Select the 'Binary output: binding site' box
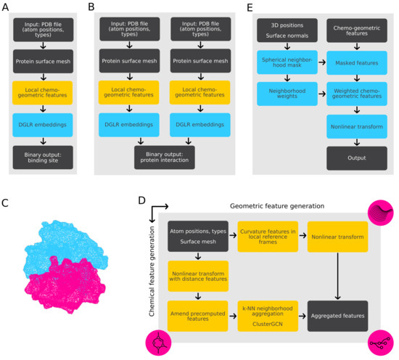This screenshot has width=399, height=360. (x=47, y=155)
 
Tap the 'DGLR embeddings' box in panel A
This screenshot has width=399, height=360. (x=47, y=124)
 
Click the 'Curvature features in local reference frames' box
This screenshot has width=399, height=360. (x=268, y=237)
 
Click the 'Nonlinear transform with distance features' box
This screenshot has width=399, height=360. (x=198, y=276)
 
